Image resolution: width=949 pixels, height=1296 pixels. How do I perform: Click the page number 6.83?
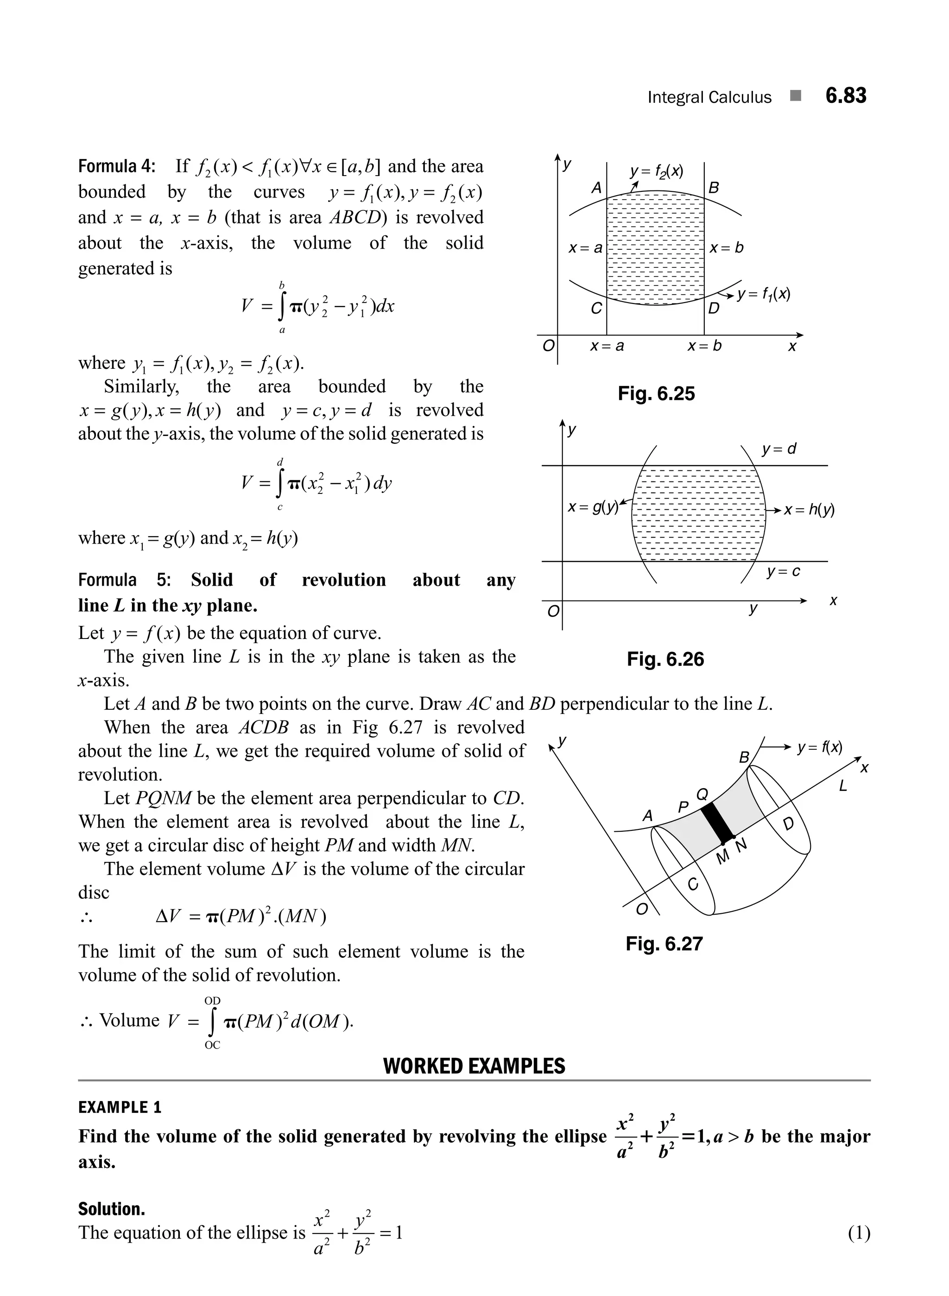[845, 96]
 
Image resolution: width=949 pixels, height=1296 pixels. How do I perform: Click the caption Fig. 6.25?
[656, 393]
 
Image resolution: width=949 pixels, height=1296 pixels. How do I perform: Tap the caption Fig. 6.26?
[665, 659]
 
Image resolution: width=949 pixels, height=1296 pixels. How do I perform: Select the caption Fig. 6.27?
[664, 943]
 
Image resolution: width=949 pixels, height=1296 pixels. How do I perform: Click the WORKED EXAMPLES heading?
[474, 1066]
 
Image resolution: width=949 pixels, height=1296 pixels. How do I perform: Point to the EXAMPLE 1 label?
[120, 1107]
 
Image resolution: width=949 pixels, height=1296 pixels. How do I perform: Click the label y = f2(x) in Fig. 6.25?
[656, 171]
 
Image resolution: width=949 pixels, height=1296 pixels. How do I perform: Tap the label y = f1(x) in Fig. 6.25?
[764, 295]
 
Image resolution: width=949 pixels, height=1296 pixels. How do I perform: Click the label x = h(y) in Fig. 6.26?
[809, 510]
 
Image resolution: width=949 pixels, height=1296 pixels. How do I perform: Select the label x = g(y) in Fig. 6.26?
[593, 507]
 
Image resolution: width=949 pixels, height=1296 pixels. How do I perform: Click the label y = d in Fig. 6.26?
[779, 449]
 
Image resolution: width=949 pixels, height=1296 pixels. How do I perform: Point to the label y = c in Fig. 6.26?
[783, 572]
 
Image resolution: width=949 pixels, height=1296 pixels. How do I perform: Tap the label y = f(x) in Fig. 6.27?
[820, 747]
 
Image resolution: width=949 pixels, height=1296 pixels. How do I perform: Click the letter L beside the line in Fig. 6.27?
[843, 786]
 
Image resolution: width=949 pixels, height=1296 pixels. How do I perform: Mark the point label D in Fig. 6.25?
[714, 309]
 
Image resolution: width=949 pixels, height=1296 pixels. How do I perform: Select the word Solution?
[112, 1209]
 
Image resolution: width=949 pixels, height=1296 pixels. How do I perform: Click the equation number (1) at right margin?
[859, 1233]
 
